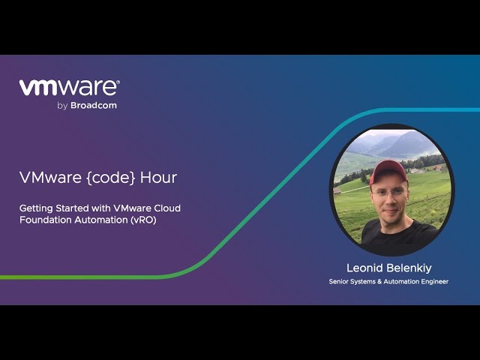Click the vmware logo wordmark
pyautogui.click(x=69, y=88)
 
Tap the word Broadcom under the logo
pyautogui.click(x=94, y=106)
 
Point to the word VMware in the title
pyautogui.click(x=43, y=178)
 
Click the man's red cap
pyautogui.click(x=388, y=169)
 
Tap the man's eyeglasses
pyautogui.click(x=388, y=191)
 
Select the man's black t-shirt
pyautogui.click(x=397, y=236)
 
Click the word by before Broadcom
pyautogui.click(x=62, y=106)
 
